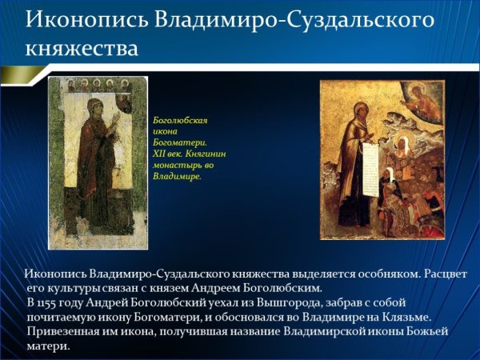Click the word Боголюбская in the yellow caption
coord(180,120)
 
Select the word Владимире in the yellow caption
coord(176,176)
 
